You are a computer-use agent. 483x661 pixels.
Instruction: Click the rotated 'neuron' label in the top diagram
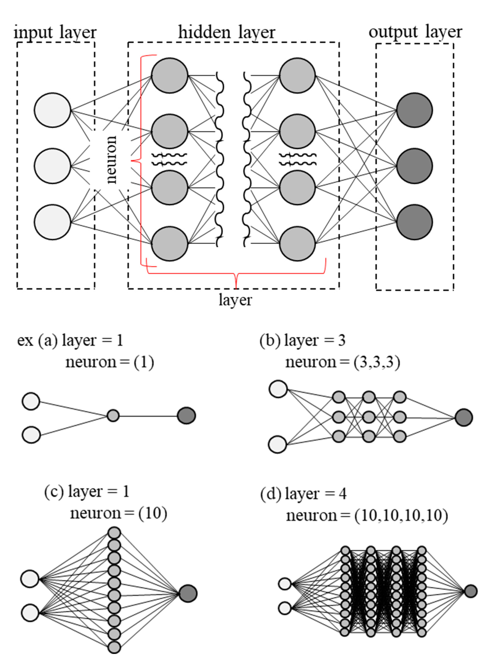111,159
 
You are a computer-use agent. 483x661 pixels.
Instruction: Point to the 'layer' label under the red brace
235,300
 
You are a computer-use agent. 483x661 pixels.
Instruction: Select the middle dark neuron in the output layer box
414,166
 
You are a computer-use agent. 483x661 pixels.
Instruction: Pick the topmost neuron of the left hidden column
170,75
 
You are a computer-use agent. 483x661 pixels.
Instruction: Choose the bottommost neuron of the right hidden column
297,244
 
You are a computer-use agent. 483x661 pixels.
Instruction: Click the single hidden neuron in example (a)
113,415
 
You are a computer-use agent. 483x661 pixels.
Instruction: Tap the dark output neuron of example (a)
187,415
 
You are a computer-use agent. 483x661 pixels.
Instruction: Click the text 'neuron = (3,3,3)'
343,363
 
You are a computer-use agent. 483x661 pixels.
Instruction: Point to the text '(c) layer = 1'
87,491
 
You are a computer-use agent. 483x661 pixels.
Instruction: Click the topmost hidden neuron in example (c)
114,533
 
